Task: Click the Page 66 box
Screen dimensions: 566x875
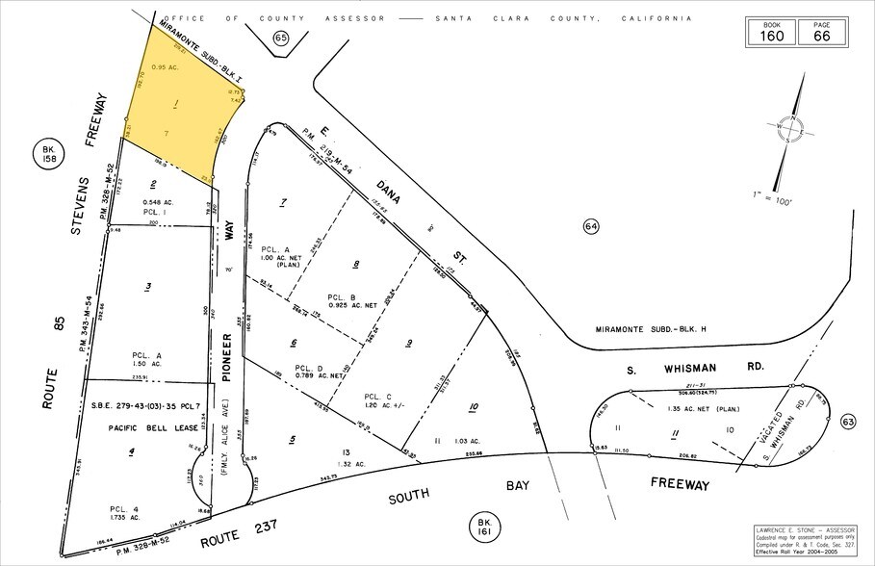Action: coord(821,32)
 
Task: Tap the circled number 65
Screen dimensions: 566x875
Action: coord(280,38)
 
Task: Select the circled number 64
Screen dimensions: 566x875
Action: coord(591,226)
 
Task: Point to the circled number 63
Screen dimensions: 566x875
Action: coord(847,421)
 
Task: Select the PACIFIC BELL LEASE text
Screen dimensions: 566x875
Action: coord(141,425)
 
